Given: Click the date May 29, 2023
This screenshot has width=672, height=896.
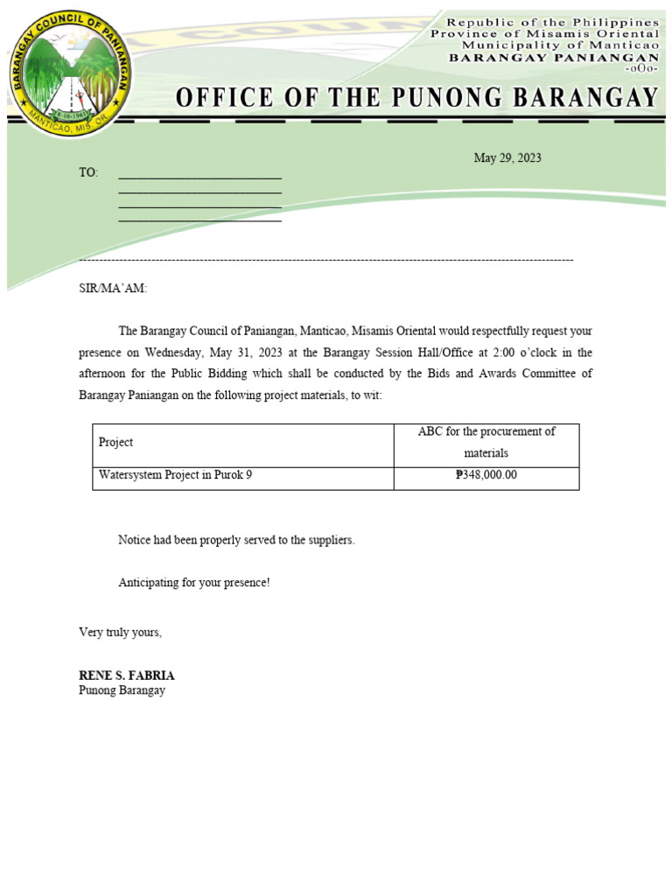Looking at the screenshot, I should (507, 158).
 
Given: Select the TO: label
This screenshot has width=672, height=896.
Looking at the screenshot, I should (88, 173).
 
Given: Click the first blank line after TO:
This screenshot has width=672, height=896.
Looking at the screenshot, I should (199, 177).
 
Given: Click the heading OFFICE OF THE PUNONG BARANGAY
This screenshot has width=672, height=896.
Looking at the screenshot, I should (416, 97).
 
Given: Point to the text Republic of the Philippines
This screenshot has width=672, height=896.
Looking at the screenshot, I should (553, 21).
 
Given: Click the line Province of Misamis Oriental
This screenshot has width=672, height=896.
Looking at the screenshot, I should (544, 33).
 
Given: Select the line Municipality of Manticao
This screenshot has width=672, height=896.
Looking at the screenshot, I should (560, 45).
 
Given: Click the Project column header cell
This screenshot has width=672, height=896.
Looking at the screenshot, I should (116, 443).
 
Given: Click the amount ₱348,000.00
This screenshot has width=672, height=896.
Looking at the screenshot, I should (486, 476).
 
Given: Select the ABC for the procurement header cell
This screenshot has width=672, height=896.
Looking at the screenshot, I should (486, 442).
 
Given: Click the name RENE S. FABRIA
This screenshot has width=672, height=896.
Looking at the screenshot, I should (127, 675).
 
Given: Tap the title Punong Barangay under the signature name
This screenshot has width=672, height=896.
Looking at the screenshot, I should (122, 690).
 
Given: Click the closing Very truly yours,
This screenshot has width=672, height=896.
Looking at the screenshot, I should (120, 633).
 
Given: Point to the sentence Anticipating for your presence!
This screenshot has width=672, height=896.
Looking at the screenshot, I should (194, 583).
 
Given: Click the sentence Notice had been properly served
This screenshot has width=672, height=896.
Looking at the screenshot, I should (236, 540).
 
